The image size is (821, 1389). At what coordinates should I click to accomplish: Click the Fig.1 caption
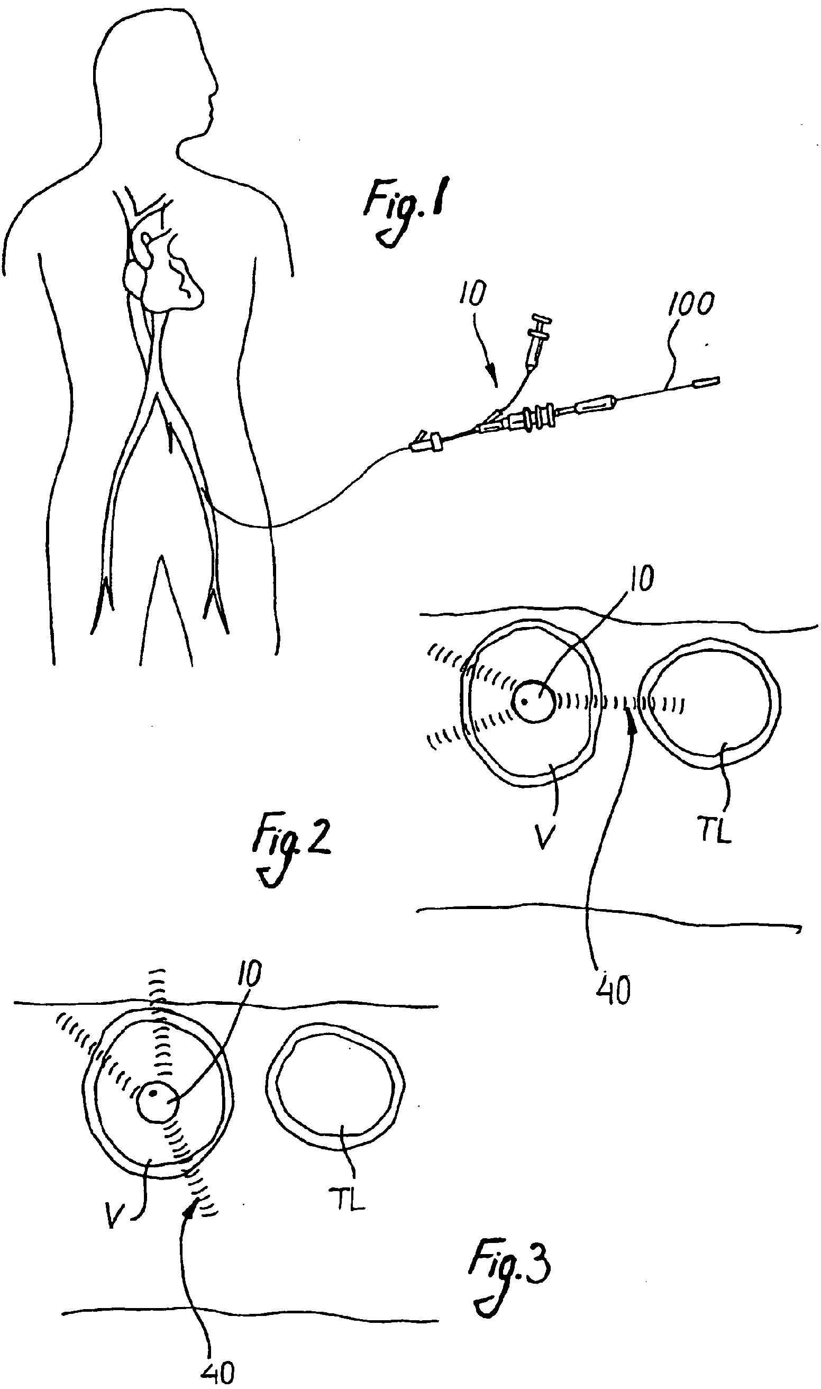click(x=406, y=208)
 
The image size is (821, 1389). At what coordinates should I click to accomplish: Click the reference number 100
click(x=690, y=304)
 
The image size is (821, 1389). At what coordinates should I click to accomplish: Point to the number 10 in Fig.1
click(x=472, y=293)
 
